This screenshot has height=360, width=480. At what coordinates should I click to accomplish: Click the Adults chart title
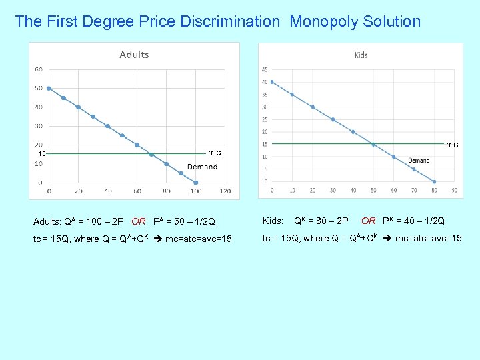point(134,55)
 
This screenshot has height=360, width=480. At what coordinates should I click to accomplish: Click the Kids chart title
point(361,55)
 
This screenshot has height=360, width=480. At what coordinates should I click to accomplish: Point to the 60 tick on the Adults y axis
point(39,69)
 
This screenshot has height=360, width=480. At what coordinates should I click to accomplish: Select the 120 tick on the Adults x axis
point(225,191)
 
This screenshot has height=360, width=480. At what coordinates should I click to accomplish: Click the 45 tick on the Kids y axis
point(265,69)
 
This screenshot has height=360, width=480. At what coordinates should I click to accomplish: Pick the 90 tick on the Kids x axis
point(454,191)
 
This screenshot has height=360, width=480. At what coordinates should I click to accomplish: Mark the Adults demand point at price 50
point(49,88)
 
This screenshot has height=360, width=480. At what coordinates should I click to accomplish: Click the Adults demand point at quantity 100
point(196,182)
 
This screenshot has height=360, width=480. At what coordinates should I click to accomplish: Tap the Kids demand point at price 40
point(272,82)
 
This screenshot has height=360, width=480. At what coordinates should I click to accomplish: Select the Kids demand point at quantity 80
point(434,181)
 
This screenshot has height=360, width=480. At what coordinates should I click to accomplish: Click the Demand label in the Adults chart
point(202,167)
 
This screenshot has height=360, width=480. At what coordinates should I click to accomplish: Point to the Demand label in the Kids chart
point(419,161)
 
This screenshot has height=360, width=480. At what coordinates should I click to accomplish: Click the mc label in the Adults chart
point(214,153)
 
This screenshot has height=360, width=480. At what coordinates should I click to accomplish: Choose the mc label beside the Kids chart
point(452,144)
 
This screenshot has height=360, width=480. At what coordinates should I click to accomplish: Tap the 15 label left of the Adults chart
point(41,154)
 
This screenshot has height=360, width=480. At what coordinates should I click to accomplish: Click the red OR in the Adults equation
point(139,221)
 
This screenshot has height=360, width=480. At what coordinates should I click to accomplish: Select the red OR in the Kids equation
point(368,221)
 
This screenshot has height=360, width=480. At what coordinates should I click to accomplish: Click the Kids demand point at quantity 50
point(373,144)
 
